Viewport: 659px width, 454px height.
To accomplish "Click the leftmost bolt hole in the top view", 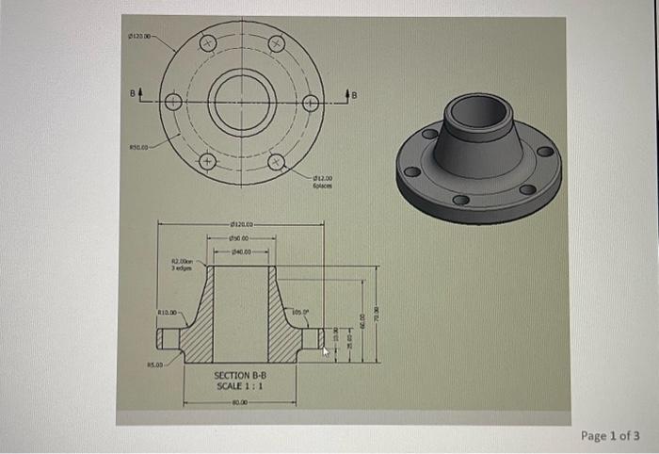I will [x=173, y=103].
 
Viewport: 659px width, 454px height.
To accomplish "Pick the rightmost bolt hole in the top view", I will [x=311, y=103].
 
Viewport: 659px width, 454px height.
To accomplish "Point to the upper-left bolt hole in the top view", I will [x=208, y=43].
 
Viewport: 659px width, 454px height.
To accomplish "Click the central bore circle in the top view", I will [x=242, y=103].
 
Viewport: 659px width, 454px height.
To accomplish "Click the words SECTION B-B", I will [x=241, y=375].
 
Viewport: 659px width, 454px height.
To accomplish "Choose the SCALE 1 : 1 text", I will [x=241, y=386].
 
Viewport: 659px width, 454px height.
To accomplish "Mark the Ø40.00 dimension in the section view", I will [x=241, y=251].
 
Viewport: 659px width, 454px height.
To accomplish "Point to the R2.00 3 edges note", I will [x=181, y=265].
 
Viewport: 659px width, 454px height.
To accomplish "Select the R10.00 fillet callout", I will [x=169, y=309].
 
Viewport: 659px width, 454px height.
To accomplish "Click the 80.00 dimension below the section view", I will [x=240, y=402].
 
